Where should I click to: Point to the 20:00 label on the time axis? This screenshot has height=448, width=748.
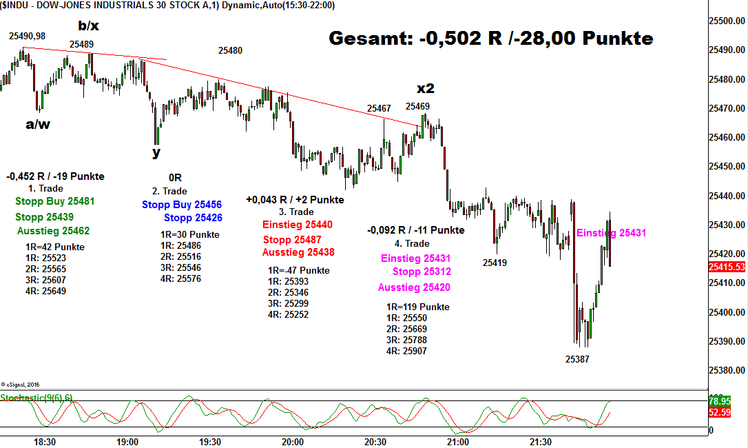[x=293, y=441]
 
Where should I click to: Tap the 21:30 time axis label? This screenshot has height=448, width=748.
[x=541, y=441]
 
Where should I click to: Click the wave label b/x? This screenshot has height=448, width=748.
[x=88, y=26]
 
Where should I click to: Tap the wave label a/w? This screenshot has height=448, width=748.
[x=38, y=125]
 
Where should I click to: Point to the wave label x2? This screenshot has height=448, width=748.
[x=426, y=89]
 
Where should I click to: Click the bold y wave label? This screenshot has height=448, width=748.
[x=157, y=152]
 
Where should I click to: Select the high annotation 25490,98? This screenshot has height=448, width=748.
[x=27, y=36]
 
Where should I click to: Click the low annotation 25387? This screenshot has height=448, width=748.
[x=577, y=359]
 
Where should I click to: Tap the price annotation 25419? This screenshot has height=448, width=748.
[x=495, y=263]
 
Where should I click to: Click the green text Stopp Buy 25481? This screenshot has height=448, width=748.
[x=54, y=202]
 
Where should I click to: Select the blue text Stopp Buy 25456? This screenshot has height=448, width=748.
[x=182, y=205]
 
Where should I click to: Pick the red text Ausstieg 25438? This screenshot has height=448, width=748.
[x=298, y=252]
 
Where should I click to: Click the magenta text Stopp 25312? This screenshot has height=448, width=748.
[x=422, y=272]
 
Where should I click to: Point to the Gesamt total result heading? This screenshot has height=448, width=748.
[x=490, y=39]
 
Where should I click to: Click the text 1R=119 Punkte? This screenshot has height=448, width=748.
[x=418, y=307]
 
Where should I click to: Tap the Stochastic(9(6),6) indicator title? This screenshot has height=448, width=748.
[x=37, y=398]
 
